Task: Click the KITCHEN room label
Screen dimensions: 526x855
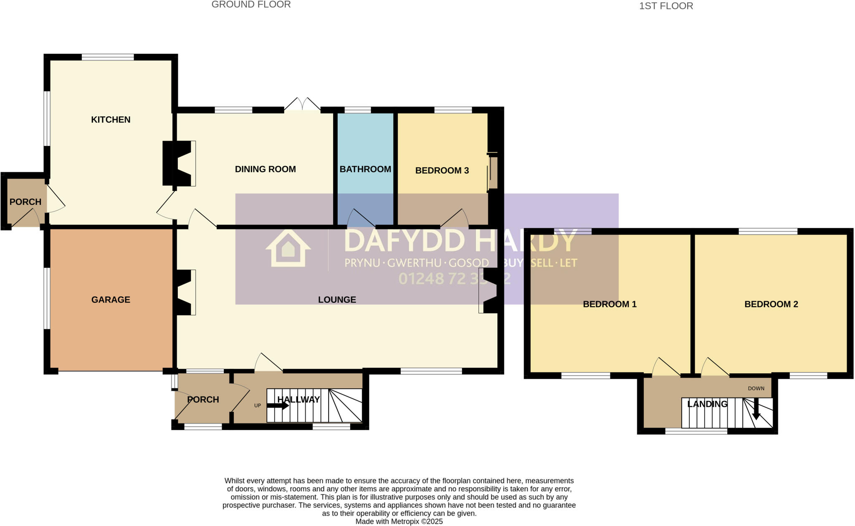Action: point(111,120)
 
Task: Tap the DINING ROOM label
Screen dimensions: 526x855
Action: point(265,169)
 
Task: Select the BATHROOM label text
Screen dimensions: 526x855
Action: point(365,169)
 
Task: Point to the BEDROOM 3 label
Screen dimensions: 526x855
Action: point(442,170)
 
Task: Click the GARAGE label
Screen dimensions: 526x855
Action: point(111,299)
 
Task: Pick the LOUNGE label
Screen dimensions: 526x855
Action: point(337,299)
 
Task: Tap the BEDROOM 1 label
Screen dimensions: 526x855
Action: point(610,304)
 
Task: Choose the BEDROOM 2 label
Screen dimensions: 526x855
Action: point(771,304)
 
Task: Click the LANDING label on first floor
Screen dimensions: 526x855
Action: point(707,404)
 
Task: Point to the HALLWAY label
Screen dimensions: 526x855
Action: point(298,400)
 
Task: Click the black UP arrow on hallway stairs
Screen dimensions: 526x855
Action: point(278,405)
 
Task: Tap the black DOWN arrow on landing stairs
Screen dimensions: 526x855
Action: point(756,411)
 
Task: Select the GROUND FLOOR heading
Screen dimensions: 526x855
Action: point(251,5)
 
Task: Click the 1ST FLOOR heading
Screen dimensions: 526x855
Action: point(666,6)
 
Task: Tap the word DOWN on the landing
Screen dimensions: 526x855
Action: point(756,388)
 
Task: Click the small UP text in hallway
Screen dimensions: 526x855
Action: point(258,405)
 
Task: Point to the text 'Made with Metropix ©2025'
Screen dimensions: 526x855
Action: point(399,521)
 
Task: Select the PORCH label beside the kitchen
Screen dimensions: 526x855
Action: point(25,202)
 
